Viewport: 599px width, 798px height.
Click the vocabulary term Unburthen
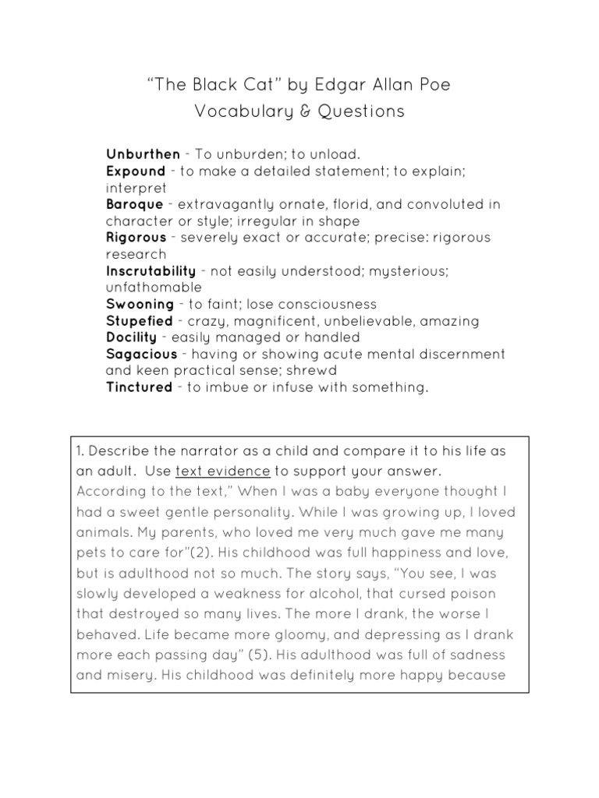[143, 154]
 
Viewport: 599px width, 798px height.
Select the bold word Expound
[136, 171]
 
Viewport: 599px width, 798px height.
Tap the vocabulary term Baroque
[135, 204]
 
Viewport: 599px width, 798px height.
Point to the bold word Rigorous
[136, 237]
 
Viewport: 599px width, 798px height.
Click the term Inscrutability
[151, 270]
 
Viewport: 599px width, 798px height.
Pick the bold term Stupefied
[140, 321]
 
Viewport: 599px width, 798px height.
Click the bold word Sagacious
[142, 354]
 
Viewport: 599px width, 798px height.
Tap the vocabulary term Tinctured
[139, 387]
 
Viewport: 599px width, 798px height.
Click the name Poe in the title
[434, 85]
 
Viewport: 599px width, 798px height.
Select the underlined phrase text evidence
[223, 472]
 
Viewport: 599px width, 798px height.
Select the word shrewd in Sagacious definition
[311, 371]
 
